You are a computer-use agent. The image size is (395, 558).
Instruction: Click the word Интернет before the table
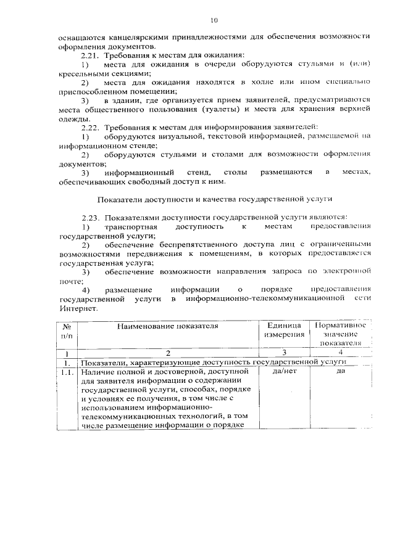click(78, 308)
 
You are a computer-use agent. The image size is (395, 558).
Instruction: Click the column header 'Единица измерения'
click(285, 330)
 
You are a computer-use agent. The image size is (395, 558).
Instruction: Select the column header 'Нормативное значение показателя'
click(341, 334)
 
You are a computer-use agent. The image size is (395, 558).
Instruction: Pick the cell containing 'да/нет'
click(285, 372)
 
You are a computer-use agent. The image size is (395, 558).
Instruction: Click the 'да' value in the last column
click(341, 372)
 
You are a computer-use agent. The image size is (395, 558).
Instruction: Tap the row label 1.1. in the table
click(68, 372)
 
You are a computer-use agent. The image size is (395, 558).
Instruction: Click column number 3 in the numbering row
click(285, 353)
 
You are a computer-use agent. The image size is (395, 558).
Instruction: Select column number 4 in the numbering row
click(341, 352)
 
